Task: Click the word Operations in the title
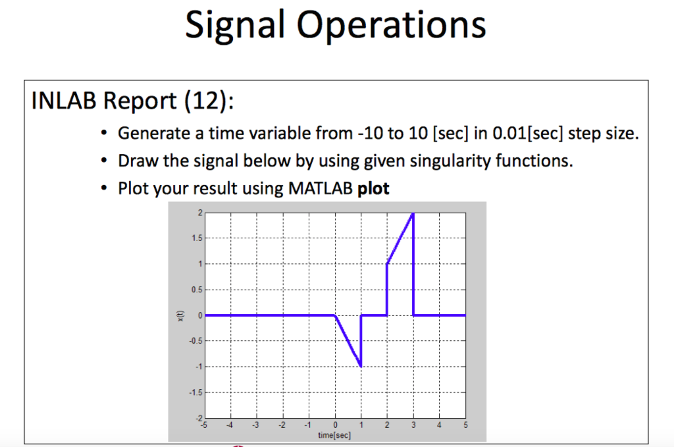point(392,25)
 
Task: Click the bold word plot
point(373,189)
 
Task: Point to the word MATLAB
point(320,189)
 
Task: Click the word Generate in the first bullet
point(152,134)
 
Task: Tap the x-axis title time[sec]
point(335,435)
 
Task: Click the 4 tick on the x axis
point(440,425)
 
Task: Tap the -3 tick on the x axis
point(256,425)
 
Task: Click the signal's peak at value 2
point(413,213)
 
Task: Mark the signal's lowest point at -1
point(361,366)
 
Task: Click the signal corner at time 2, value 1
point(387,264)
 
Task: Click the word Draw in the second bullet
point(135,161)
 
